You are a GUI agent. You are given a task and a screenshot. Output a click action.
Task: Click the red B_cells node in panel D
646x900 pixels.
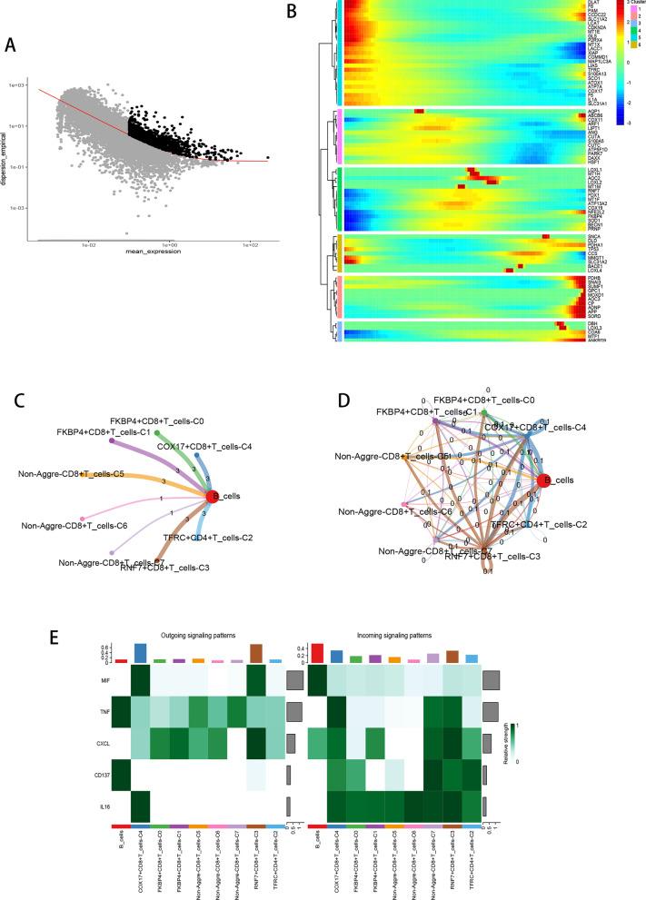click(x=543, y=480)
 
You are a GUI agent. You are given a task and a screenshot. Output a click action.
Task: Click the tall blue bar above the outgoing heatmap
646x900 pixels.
click(x=140, y=628)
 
